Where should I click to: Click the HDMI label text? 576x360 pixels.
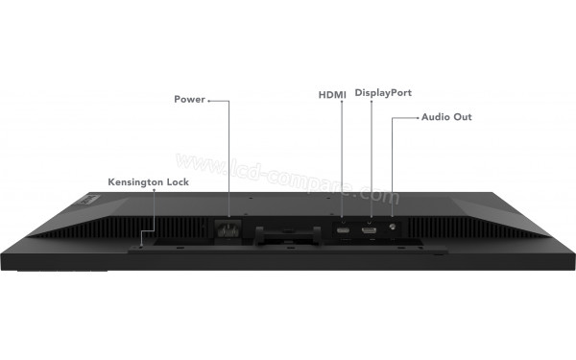pos(331,94)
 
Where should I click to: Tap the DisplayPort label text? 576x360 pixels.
pos(383,93)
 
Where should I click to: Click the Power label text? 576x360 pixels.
pos(188,99)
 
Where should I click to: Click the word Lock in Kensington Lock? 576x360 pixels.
pos(173,180)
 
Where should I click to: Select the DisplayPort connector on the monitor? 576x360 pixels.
pos(370,228)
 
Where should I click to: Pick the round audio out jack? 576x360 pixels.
pos(393,228)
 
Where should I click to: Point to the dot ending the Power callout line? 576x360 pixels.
pos(210,99)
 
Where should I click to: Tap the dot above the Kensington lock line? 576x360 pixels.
pos(155,191)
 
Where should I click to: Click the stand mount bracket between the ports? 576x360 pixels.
pos(288,230)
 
